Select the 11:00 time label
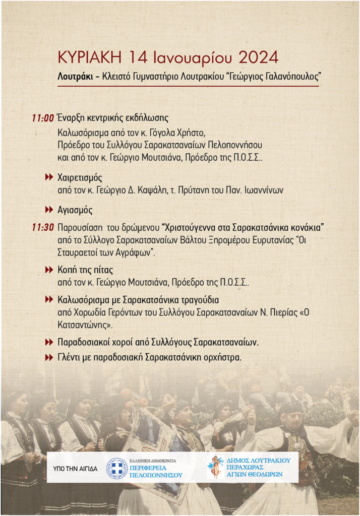[43, 118]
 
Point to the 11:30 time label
[43, 227]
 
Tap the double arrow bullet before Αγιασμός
[49, 209]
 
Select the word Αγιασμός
[75, 209]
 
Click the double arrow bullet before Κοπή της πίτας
[49, 270]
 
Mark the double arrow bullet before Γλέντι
[49, 357]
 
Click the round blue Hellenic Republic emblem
[116, 468]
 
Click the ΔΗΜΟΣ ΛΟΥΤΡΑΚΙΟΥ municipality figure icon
[216, 467]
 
